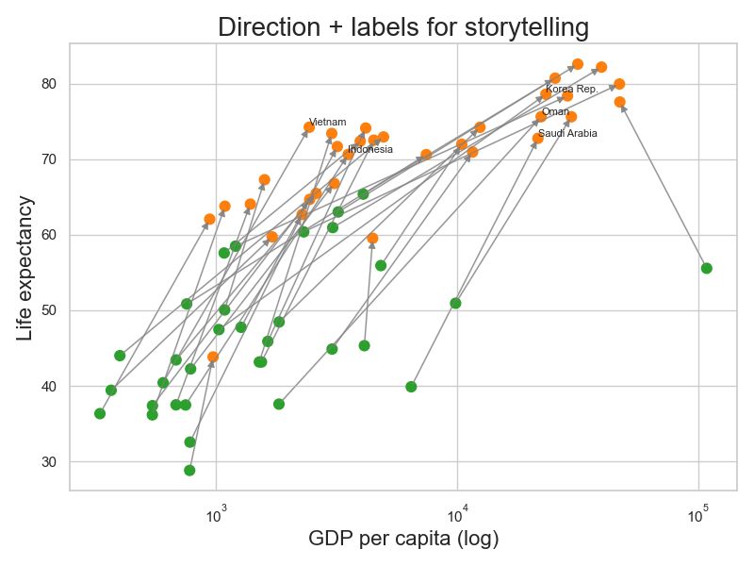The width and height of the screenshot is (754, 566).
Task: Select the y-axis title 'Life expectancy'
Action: coord(25,269)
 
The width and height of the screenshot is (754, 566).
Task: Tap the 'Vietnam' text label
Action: coord(328,122)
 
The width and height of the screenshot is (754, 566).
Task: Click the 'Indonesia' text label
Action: coord(370,149)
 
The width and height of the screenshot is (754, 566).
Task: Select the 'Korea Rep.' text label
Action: coord(572,89)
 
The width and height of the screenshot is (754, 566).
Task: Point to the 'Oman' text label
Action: coord(555,111)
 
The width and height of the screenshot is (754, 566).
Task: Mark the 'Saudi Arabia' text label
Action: coord(567,133)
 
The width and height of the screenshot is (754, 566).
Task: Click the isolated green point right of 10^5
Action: coord(707,268)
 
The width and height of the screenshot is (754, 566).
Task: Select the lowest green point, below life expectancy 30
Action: coord(189,471)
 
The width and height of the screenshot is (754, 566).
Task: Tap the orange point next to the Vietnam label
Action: coord(309,126)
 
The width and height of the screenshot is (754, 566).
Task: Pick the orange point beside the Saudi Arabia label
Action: coord(537,139)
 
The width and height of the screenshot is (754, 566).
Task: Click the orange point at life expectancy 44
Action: coord(213,357)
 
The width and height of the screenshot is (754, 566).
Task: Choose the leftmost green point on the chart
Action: coord(100,413)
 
